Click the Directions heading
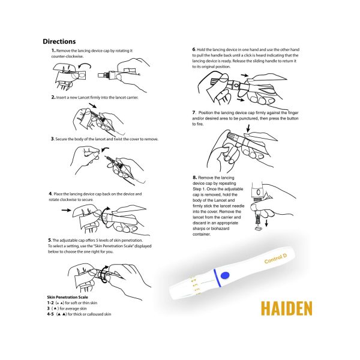pyautogui.click(x=59, y=41)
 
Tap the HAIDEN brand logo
pyautogui.click(x=287, y=308)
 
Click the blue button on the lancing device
pyautogui.click(x=225, y=275)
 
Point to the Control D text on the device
pyautogui.click(x=275, y=259)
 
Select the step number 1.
pyautogui.click(x=53, y=50)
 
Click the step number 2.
pyautogui.click(x=53, y=97)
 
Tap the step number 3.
pyautogui.click(x=53, y=139)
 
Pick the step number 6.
pyautogui.click(x=194, y=49)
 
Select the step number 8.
pyautogui.click(x=194, y=178)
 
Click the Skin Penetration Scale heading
pyautogui.click(x=67, y=297)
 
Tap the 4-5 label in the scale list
pyautogui.click(x=50, y=314)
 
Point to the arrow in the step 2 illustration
pyautogui.click(x=93, y=106)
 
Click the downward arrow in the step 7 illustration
pyautogui.click(x=248, y=128)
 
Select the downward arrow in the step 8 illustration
pyautogui.click(x=266, y=223)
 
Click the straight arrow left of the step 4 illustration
pyautogui.click(x=67, y=210)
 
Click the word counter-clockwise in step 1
pyautogui.click(x=67, y=56)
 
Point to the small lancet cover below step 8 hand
pyautogui.click(x=258, y=229)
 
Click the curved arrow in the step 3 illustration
pyautogui.click(x=105, y=149)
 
